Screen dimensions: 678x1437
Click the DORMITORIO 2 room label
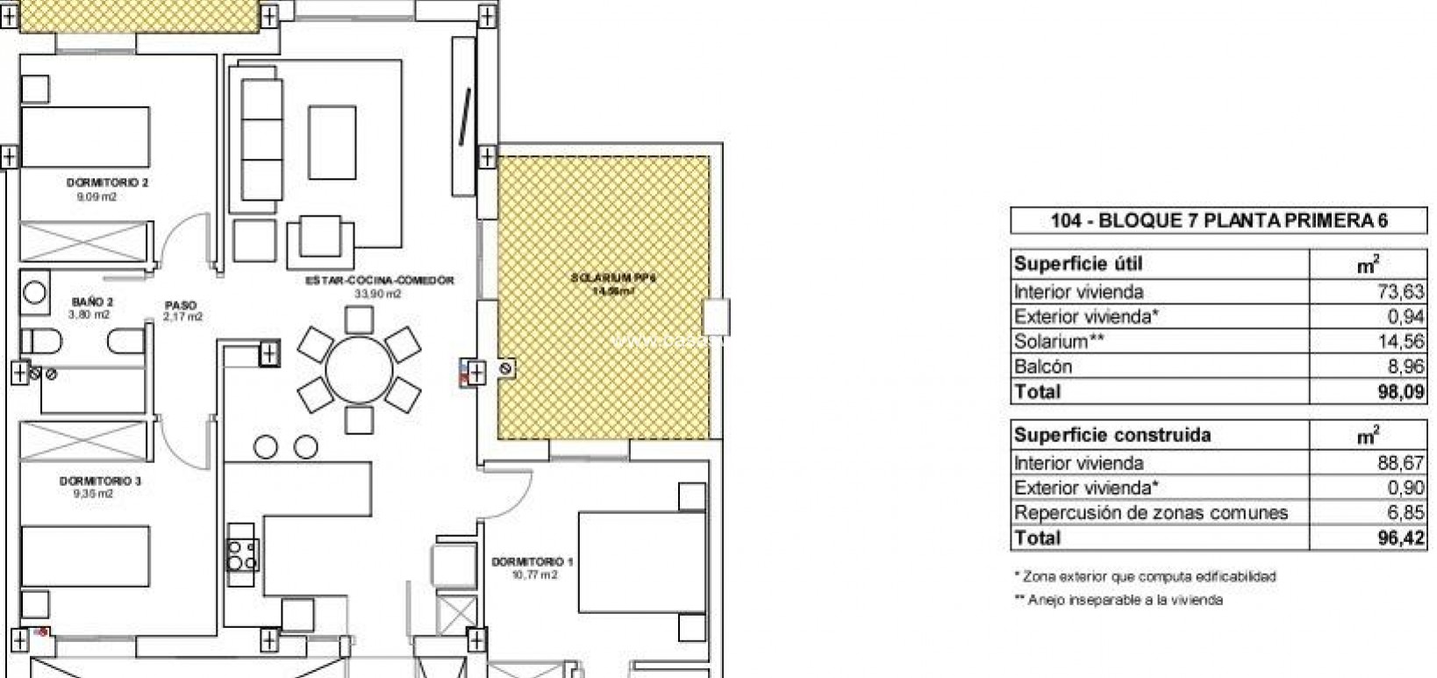point(107,183)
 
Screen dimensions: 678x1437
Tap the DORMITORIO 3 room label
point(100,482)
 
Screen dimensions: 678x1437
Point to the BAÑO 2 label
point(92,302)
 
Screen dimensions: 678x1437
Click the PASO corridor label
point(182,306)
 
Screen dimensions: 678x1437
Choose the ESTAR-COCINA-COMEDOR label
point(379,281)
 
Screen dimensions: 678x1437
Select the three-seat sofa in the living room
point(261,138)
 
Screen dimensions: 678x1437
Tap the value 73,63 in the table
point(1400,292)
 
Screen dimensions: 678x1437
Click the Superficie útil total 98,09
point(1401,392)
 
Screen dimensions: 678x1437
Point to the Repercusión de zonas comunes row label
point(1150,513)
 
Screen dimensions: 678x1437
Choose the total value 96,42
point(1401,539)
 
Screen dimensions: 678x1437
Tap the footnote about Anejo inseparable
point(1119,601)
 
